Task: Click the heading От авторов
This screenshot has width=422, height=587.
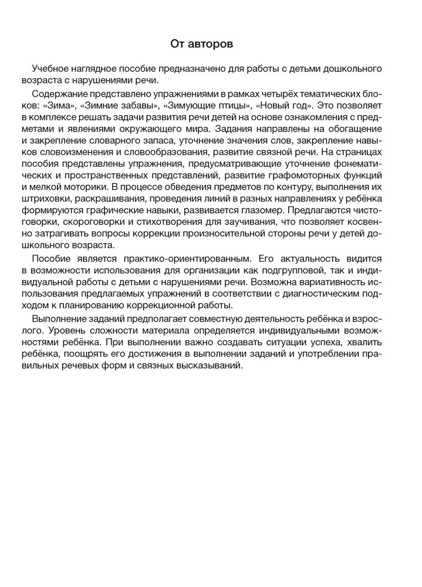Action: click(211, 43)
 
